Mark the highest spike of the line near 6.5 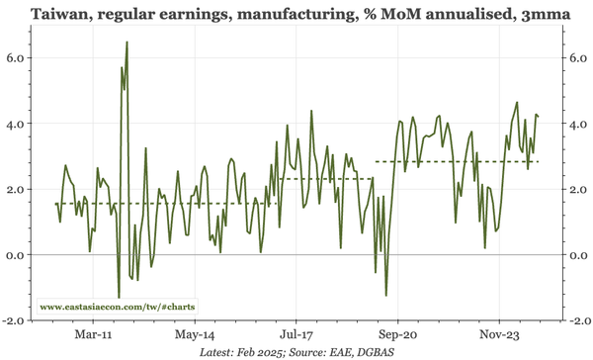coord(127,44)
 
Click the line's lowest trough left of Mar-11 coord(119,297)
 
